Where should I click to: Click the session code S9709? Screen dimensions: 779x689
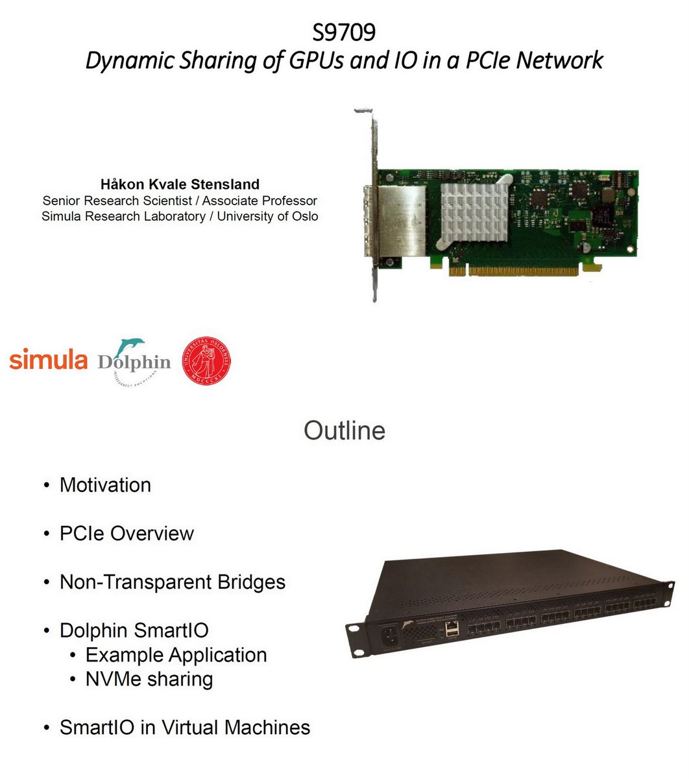tap(344, 32)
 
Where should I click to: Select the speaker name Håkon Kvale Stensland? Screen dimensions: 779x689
tap(180, 184)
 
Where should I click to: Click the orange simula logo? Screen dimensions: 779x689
tap(49, 360)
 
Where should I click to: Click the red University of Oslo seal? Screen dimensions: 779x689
tap(206, 362)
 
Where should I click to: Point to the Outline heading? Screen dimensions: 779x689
tap(344, 431)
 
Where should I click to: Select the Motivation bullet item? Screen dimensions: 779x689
tap(105, 485)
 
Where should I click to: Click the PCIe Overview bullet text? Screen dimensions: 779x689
tap(127, 534)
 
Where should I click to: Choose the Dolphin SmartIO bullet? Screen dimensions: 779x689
tap(134, 630)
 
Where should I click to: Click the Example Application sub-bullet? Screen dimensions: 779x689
tap(176, 655)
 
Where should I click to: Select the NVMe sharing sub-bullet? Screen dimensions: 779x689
tap(149, 679)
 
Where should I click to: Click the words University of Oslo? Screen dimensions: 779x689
tap(267, 216)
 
